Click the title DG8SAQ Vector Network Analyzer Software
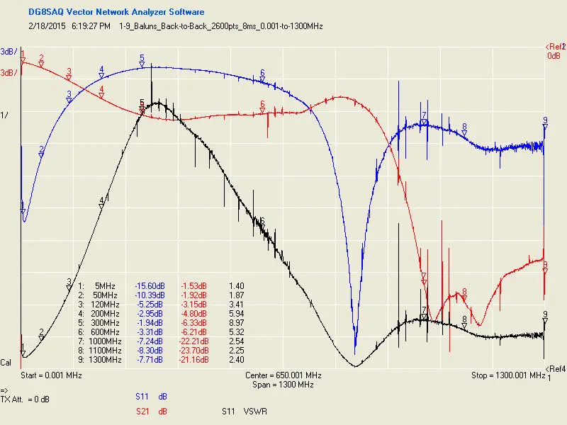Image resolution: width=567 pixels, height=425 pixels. pos(116,12)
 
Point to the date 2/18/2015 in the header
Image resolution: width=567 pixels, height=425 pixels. pos(47,26)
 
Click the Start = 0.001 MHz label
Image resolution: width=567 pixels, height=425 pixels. pos(51,375)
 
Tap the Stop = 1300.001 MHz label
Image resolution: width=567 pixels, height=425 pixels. pos(508,375)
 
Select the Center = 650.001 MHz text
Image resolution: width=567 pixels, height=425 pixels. pos(283,375)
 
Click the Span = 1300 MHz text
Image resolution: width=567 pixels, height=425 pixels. pos(283,385)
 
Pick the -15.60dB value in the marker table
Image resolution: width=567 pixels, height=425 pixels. pos(150,286)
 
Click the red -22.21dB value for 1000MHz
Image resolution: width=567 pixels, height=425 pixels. pos(193,341)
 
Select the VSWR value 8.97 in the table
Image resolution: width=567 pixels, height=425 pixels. pos(237,323)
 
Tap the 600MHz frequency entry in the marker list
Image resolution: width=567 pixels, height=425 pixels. pos(105,331)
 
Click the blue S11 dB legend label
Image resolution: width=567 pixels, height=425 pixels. pos(151,397)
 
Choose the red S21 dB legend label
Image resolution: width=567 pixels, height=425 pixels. pos(151,412)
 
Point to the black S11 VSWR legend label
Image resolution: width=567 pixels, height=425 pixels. pos(245,412)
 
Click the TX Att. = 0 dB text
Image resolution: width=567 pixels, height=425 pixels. pos(25,399)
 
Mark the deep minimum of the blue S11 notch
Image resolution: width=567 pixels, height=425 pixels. pos(355,352)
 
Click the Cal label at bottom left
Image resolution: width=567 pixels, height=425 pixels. pos(6,363)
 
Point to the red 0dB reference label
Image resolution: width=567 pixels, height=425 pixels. pos(554,56)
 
